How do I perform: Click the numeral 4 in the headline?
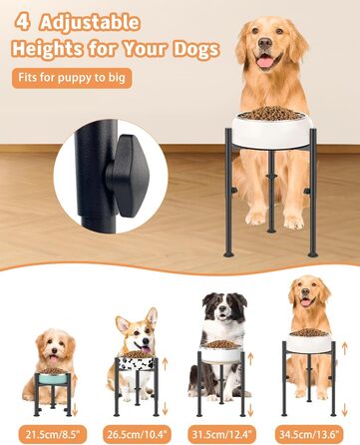click(22, 23)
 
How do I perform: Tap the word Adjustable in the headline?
click(90, 23)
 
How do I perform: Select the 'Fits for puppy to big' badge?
click(72, 78)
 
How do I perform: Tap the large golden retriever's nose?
click(265, 43)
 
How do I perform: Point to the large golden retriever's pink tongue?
click(265, 62)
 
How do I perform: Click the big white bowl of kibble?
click(272, 129)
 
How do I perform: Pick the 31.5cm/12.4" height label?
click(223, 434)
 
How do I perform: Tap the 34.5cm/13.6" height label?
click(309, 434)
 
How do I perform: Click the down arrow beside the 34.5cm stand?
click(344, 409)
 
